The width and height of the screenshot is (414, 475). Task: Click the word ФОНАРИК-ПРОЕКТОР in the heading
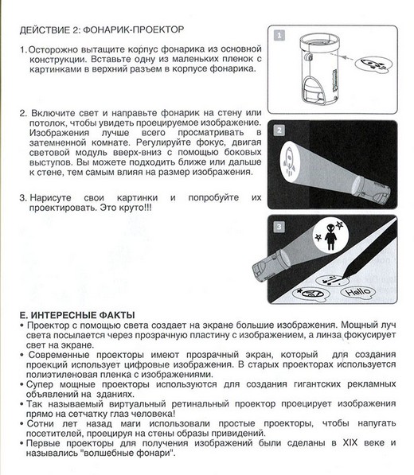[133, 29]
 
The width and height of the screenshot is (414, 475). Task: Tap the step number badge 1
[279, 35]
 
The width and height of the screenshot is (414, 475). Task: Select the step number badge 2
[279, 130]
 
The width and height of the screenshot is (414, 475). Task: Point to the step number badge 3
[279, 227]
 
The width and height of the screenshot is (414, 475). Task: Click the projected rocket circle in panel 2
[291, 160]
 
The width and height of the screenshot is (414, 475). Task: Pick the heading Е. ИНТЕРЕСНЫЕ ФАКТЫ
[77, 315]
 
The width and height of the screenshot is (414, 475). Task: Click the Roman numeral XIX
[350, 442]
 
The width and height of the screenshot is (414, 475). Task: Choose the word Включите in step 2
[53, 113]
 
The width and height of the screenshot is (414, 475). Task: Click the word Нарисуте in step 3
[51, 198]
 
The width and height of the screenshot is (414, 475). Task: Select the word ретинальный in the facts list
[200, 404]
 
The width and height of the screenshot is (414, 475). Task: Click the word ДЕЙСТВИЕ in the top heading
[45, 30]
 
